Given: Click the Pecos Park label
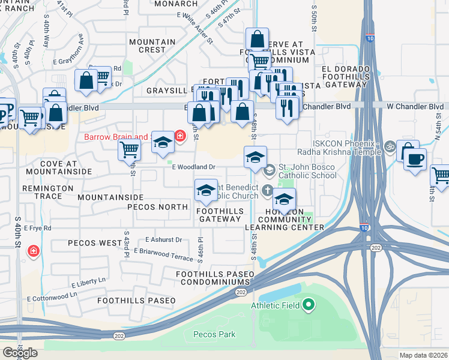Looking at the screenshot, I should coord(214,334).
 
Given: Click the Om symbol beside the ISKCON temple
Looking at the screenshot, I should coord(388,145).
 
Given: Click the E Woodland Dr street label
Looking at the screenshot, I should coord(194,167).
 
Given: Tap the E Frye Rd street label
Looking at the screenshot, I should coord(39,228).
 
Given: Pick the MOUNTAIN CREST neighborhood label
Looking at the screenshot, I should coord(152,46).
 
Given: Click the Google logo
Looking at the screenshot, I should coord(20,353).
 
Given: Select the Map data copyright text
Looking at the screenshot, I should coord(423,355).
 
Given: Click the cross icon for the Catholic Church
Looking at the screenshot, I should coord(270,188).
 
